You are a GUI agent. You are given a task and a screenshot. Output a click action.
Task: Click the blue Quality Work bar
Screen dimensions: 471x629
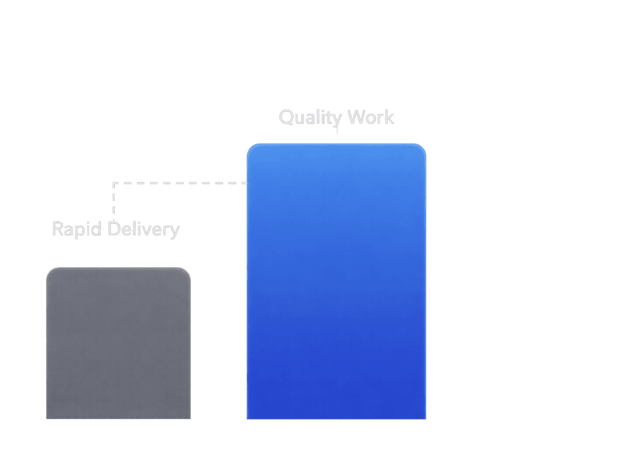pos(336,282)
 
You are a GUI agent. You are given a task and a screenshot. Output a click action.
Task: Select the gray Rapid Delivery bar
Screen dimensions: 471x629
pos(119,343)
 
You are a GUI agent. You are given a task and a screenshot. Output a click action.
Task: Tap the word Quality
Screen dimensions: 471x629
pos(310,117)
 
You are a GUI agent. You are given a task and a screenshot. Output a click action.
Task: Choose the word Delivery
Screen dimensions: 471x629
pos(144,230)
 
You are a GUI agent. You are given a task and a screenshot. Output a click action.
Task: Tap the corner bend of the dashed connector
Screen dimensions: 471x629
pos(114,183)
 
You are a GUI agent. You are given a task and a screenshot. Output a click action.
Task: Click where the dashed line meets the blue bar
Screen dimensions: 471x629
pos(246,183)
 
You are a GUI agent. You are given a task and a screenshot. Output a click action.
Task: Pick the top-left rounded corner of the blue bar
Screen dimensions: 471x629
pos(251,148)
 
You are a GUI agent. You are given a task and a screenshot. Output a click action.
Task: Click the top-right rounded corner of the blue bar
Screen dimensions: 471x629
pos(421,148)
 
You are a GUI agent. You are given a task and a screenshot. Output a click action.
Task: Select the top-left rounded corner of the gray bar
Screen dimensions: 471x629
pos(50,272)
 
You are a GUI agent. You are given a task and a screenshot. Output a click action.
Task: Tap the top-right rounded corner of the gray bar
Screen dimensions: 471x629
pos(187,272)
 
